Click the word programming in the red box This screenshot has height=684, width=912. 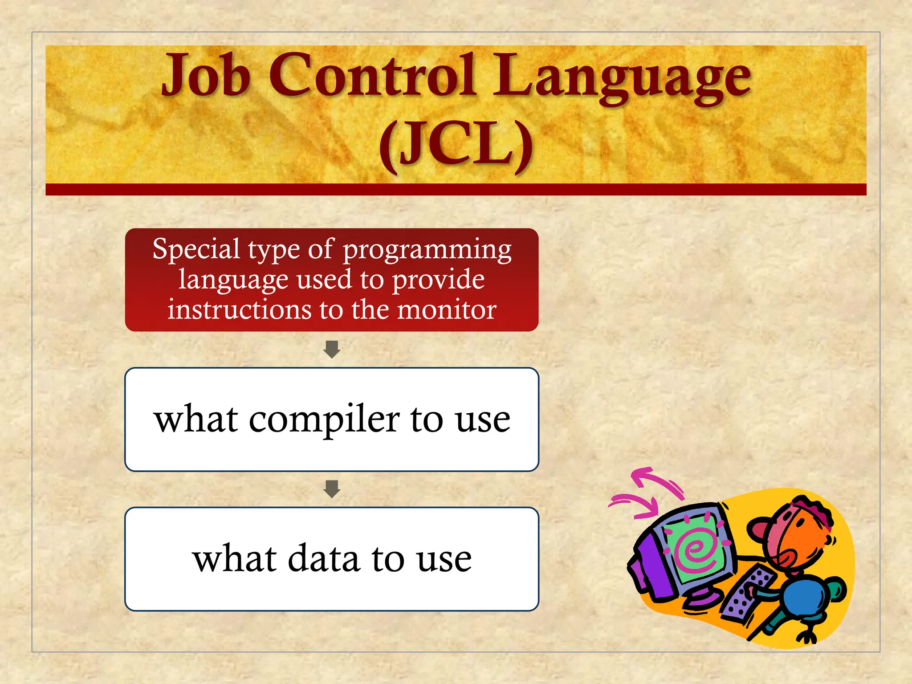click(x=427, y=250)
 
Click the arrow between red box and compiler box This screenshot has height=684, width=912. click(x=332, y=350)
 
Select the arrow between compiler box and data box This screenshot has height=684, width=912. click(x=332, y=489)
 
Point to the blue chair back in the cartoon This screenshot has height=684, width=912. click(x=806, y=597)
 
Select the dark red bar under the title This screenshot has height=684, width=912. click(x=456, y=190)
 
